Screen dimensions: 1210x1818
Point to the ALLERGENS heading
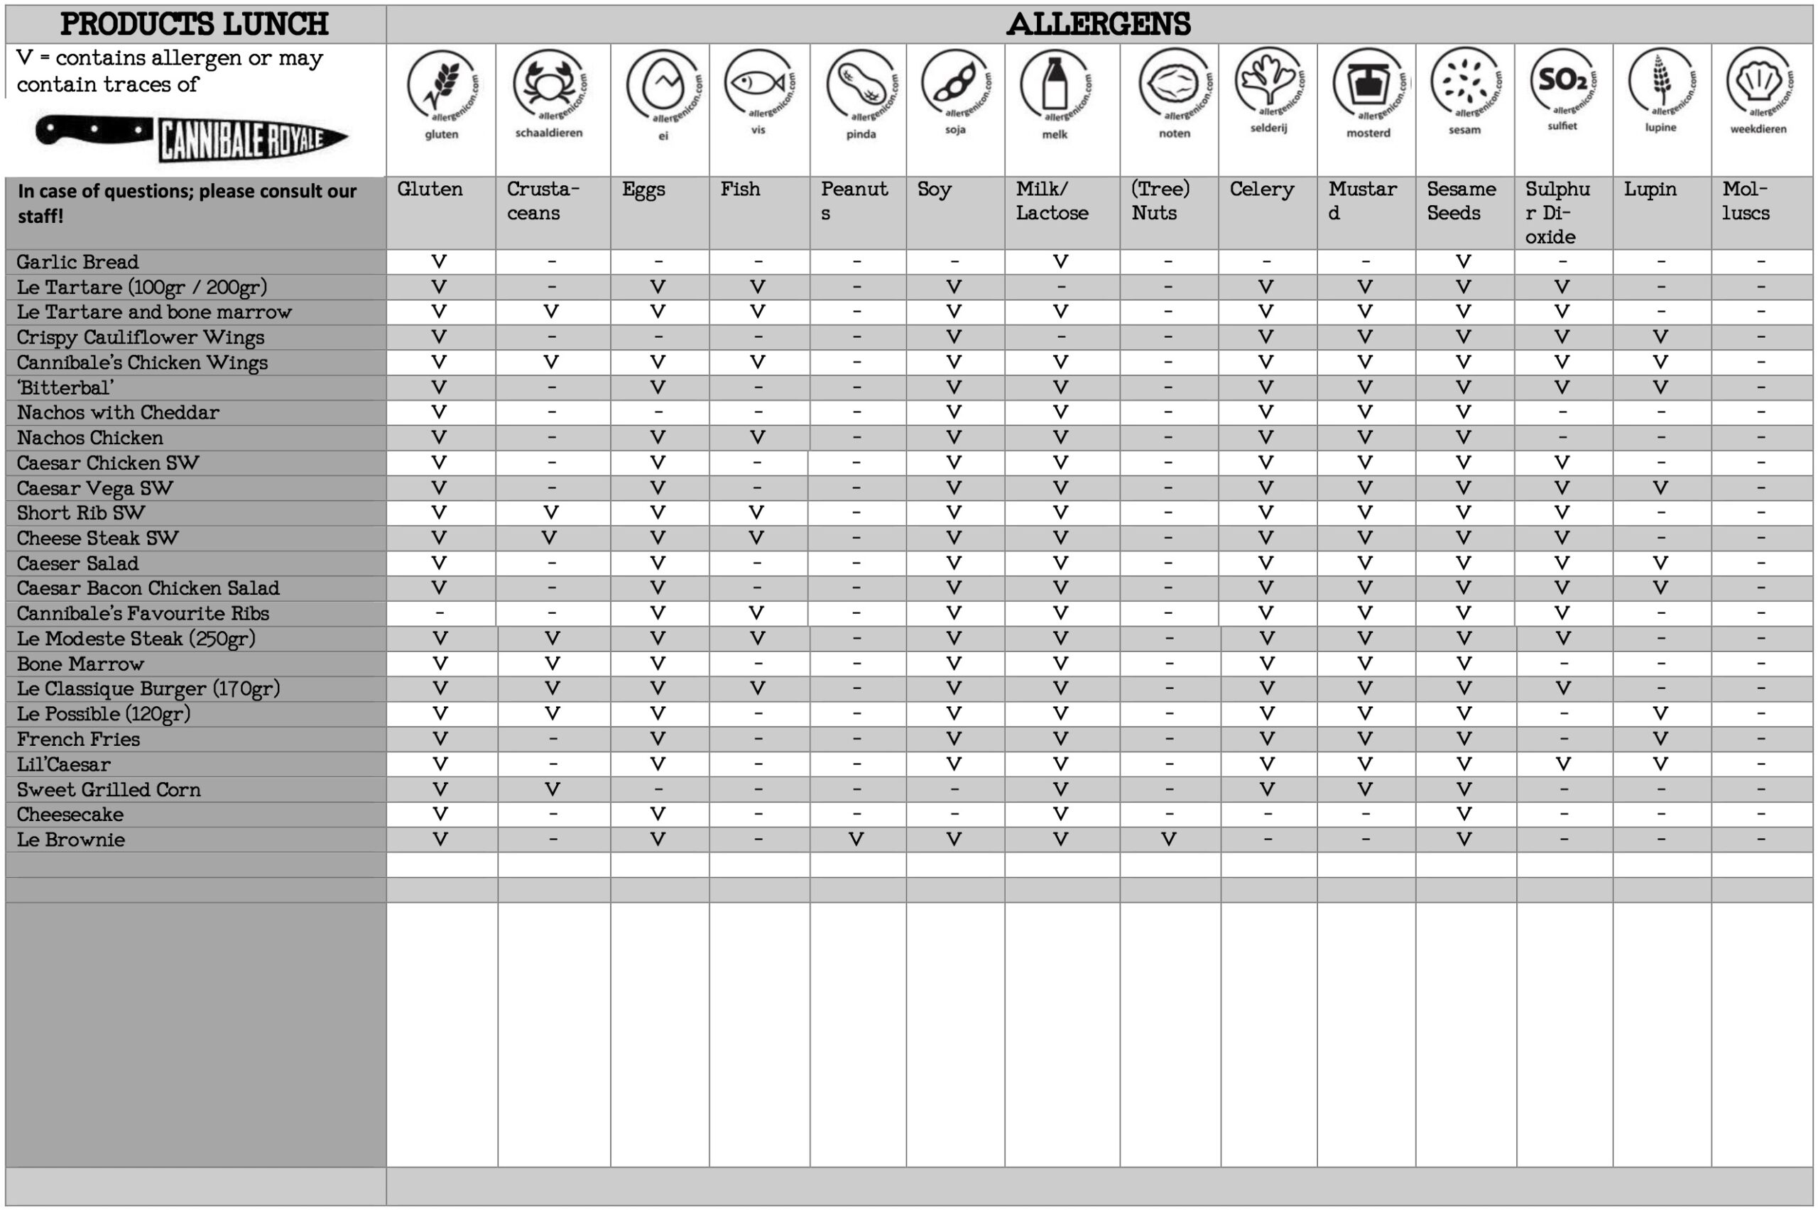(1099, 25)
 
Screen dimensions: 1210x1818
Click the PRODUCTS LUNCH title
(195, 25)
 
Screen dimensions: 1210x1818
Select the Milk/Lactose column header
(1052, 201)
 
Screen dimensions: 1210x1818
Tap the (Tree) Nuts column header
(1160, 201)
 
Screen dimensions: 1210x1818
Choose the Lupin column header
(1650, 189)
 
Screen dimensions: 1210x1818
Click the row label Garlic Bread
(78, 263)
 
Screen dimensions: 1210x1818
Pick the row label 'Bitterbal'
(65, 388)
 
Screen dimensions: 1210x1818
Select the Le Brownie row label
(71, 840)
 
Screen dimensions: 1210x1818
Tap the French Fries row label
(79, 739)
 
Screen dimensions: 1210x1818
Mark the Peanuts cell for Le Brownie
(856, 839)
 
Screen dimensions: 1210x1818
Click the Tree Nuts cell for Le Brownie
(1169, 839)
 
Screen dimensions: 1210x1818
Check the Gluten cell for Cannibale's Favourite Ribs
(440, 613)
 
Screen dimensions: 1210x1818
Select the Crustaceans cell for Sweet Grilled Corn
(552, 788)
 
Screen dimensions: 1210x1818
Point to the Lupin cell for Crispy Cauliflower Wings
(1660, 336)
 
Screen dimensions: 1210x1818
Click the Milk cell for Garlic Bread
(1061, 262)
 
